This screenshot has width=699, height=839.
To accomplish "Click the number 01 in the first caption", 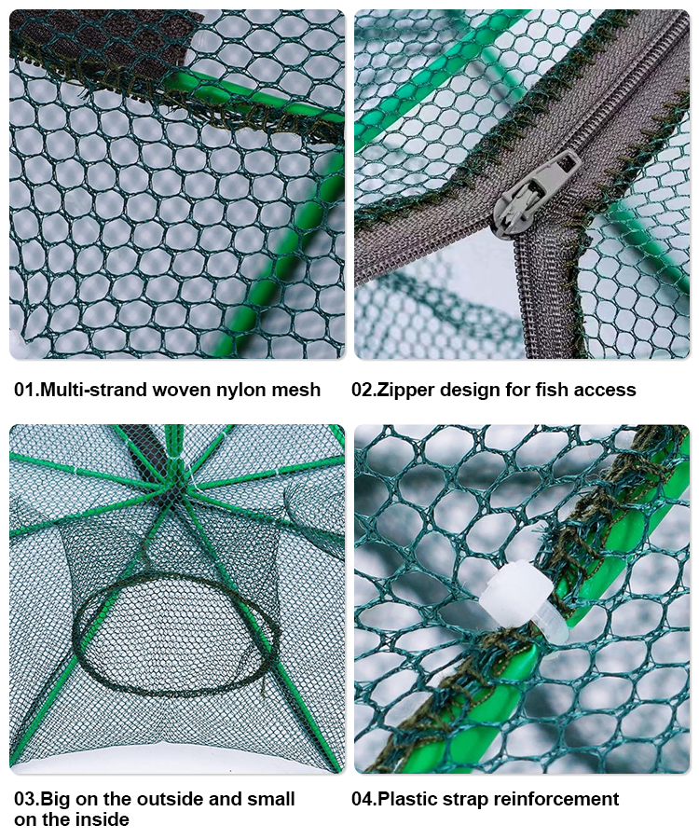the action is coord(25,390).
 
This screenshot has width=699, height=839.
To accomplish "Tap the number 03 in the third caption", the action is coord(26,799).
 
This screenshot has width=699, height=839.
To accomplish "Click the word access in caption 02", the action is coord(605,391).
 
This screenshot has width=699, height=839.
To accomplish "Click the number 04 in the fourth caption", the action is coord(363,799).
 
